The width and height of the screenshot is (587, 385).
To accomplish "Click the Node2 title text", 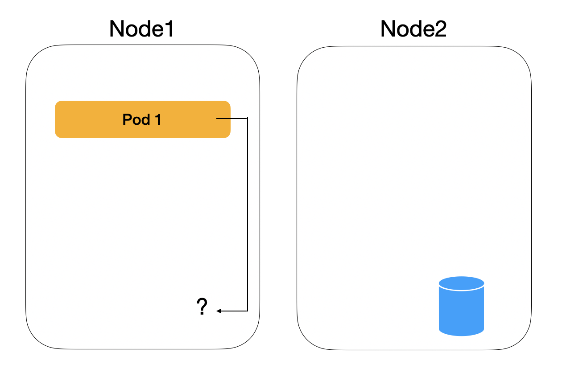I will (x=413, y=29).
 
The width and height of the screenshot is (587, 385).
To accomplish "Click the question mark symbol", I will (x=202, y=307).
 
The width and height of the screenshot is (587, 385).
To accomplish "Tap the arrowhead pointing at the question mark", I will (x=219, y=311).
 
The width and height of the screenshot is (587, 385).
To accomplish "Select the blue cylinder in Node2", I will (x=461, y=307).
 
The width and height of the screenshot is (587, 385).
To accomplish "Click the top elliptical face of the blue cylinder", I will (x=461, y=283).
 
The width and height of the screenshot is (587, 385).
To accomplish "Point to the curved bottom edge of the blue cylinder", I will (x=461, y=335).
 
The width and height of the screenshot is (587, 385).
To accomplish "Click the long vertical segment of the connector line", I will (x=247, y=214).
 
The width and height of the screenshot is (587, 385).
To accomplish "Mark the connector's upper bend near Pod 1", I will (x=247, y=119).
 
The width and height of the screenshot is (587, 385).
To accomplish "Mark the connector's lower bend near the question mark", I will (x=247, y=311).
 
